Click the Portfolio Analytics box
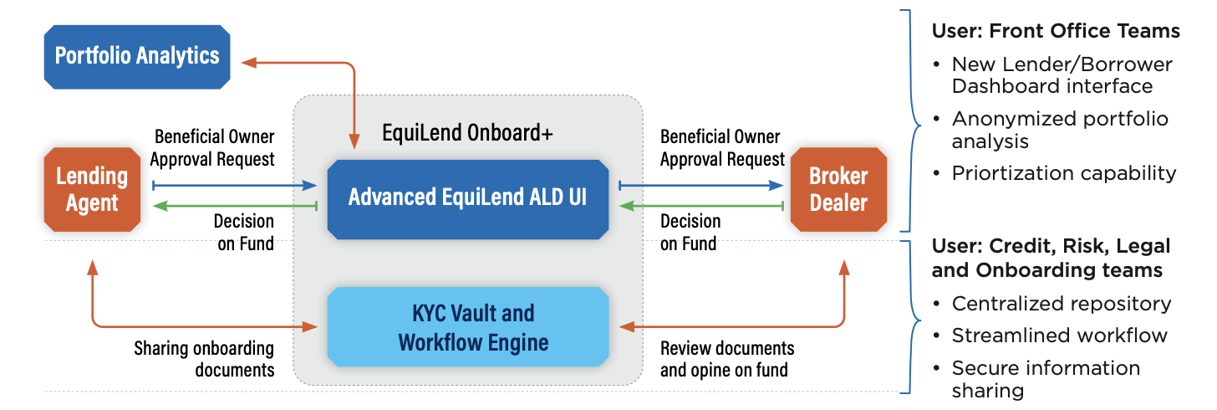tap(136, 57)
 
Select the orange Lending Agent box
tap(92, 190)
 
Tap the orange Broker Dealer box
tap(838, 190)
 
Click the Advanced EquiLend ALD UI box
tap(467, 198)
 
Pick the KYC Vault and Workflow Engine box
tap(467, 327)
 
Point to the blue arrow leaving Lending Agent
tap(234, 185)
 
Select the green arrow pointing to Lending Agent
tap(234, 205)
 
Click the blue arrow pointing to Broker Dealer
tap(700, 185)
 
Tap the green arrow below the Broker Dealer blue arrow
tap(700, 205)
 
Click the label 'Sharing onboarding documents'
tap(204, 358)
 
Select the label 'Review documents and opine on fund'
tap(726, 358)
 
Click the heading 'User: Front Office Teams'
tap(1056, 31)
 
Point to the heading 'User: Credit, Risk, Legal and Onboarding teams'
tap(1051, 258)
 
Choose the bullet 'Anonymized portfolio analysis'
tap(1059, 130)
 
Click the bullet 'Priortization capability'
tap(1063, 173)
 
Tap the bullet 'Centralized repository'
tap(1061, 304)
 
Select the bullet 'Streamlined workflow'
tap(1059, 336)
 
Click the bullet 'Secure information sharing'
tap(1045, 379)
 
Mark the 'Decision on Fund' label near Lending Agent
tap(243, 232)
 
